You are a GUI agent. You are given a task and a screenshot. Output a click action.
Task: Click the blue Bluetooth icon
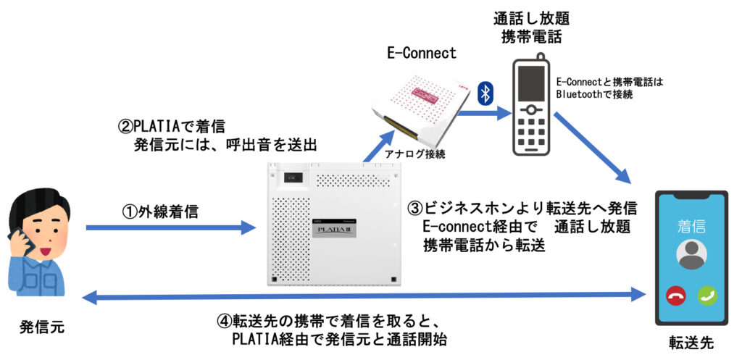(485, 93)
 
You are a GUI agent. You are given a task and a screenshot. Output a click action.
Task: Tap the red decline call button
(675, 296)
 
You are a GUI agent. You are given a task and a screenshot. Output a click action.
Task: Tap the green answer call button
(707, 296)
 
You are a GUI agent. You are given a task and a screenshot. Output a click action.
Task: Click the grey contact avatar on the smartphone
(691, 255)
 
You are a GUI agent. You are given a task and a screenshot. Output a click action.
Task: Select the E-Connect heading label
(421, 53)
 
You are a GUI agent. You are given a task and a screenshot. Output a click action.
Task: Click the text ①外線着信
(160, 212)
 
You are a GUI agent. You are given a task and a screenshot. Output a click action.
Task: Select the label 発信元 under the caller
(42, 327)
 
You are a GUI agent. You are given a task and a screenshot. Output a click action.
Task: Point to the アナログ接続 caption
(415, 154)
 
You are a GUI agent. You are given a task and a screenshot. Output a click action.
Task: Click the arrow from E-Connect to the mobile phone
(483, 113)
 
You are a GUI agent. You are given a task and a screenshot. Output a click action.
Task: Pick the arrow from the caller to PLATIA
(170, 227)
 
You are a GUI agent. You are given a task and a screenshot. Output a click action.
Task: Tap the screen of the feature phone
(531, 83)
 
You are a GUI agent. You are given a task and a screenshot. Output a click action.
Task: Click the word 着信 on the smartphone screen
(691, 227)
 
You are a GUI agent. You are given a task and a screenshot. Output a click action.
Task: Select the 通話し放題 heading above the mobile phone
(531, 19)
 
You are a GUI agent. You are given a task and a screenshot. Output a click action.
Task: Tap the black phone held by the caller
(21, 242)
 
